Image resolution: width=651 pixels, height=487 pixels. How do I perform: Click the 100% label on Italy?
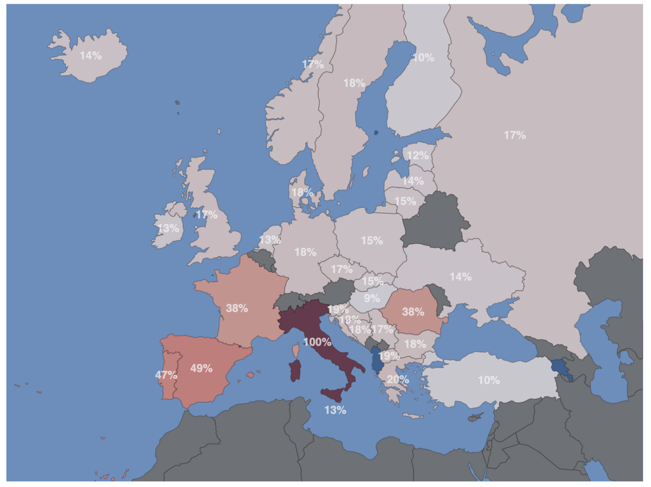317,342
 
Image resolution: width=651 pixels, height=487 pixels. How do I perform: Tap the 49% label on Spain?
201,368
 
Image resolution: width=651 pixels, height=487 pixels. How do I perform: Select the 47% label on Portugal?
166,375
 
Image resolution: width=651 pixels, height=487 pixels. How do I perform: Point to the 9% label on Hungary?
372,298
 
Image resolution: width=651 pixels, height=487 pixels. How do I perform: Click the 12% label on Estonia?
417,156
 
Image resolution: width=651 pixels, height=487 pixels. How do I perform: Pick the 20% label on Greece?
398,379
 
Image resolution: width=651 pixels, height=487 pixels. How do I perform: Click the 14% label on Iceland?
91,56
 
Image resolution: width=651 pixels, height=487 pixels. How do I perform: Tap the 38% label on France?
237,308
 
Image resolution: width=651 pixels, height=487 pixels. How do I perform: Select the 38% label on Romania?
413,312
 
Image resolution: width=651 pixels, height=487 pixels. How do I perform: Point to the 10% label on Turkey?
489,380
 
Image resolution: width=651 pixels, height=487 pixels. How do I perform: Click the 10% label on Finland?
423,58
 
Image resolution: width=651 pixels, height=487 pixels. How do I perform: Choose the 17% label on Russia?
515,135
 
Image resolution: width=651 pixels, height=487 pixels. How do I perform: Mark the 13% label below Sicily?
335,410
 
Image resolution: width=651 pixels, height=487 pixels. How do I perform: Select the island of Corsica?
296,350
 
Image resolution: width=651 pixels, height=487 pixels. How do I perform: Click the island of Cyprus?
476,417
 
